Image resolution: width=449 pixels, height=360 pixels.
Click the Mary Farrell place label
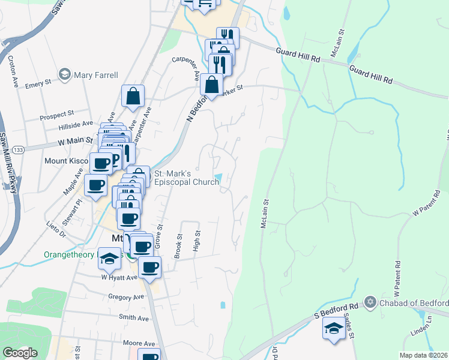pyautogui.click(x=95, y=75)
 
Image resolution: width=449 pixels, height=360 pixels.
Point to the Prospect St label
pyautogui.click(x=56, y=112)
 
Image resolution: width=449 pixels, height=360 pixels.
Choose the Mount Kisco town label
pyautogui.click(x=65, y=161)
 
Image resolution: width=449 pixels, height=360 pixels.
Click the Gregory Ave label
pyautogui.click(x=127, y=296)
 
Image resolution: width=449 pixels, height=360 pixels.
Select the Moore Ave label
pyautogui.click(x=139, y=343)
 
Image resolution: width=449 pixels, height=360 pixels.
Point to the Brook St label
pyautogui.click(x=178, y=246)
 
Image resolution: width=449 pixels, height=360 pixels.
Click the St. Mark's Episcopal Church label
pyautogui.click(x=187, y=178)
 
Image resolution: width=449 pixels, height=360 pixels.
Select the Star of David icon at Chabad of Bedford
pyautogui.click(x=370, y=302)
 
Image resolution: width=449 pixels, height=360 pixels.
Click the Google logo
pyautogui.click(x=20, y=353)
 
